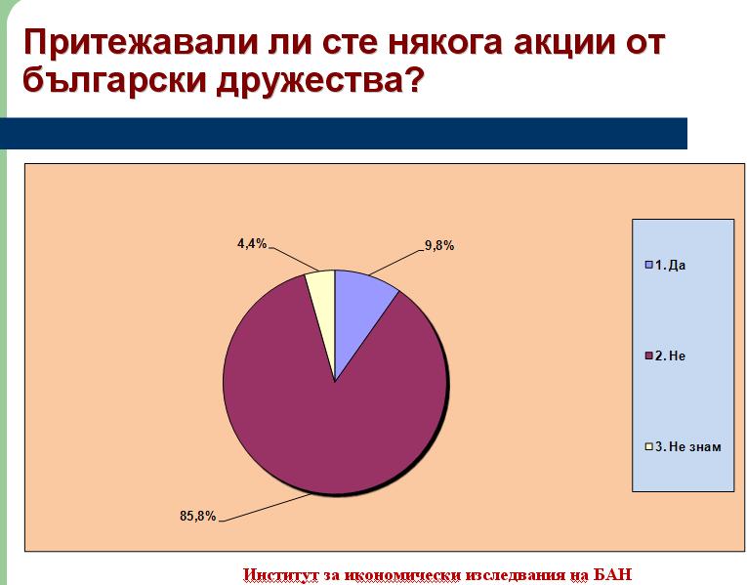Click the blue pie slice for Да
point(358,310)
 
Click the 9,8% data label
point(439,246)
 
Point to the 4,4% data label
point(252,244)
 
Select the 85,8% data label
point(197,516)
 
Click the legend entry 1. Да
point(665,266)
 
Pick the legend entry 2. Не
point(665,355)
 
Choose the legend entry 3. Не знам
point(683,447)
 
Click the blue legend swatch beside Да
point(648,265)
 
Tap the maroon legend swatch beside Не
point(648,355)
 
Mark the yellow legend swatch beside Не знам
point(648,447)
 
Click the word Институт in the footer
point(280,574)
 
